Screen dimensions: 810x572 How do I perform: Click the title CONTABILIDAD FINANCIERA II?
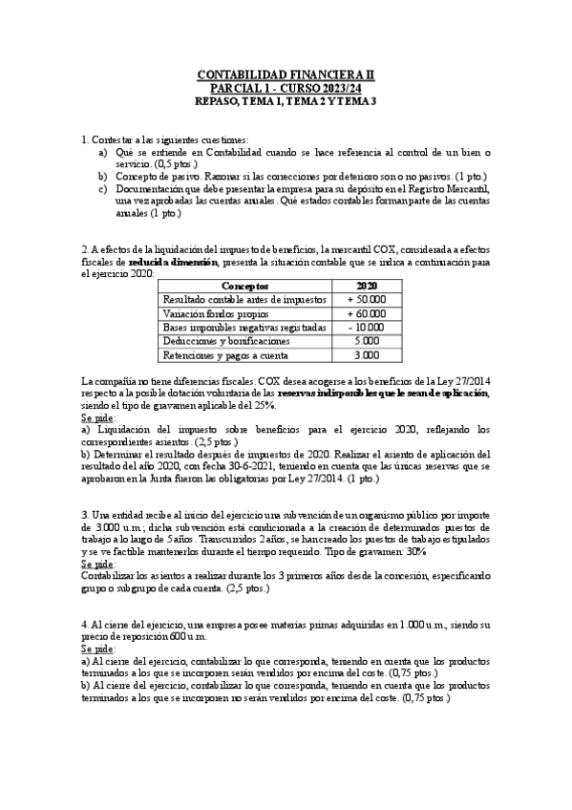286,74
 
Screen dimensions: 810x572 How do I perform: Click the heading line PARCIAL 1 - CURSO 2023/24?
286,87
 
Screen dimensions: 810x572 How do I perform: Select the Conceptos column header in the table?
244,286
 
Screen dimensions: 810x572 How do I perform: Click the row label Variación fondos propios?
217,313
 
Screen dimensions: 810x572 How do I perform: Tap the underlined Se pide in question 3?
97,564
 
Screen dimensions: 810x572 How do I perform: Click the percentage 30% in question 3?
417,552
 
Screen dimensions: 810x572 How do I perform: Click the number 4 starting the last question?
84,625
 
